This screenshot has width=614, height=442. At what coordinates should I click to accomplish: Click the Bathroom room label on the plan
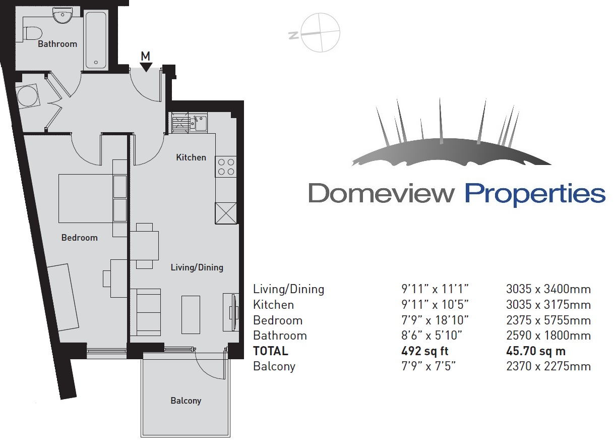click(x=57, y=44)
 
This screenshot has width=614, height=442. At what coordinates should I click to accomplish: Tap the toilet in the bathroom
click(x=33, y=34)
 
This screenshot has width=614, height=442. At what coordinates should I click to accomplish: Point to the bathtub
click(x=96, y=40)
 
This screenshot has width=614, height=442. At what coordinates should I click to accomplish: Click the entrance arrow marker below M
click(x=146, y=67)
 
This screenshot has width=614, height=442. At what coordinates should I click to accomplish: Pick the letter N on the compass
click(x=293, y=35)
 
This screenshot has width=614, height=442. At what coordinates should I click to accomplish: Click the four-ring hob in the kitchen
click(x=226, y=167)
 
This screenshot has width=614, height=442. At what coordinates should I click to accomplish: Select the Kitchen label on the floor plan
click(x=191, y=157)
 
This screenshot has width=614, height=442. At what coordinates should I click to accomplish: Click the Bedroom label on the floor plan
click(x=80, y=238)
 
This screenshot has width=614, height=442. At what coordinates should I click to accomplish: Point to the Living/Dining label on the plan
click(x=197, y=267)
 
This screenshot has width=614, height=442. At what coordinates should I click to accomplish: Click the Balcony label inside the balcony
click(x=186, y=401)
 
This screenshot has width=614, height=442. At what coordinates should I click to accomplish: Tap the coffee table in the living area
click(x=191, y=315)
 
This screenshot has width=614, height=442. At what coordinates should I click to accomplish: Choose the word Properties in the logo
click(x=535, y=195)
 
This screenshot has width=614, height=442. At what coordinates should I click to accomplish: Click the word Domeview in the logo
click(x=382, y=193)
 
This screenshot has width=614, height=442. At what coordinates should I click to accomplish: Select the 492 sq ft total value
click(x=424, y=351)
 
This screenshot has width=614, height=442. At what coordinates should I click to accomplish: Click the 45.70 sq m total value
click(x=536, y=351)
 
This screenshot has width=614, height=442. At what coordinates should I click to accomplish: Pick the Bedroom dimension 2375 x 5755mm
click(x=548, y=320)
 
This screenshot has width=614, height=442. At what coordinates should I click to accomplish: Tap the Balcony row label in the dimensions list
click(x=274, y=366)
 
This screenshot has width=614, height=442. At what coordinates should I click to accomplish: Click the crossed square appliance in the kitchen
click(x=226, y=213)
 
